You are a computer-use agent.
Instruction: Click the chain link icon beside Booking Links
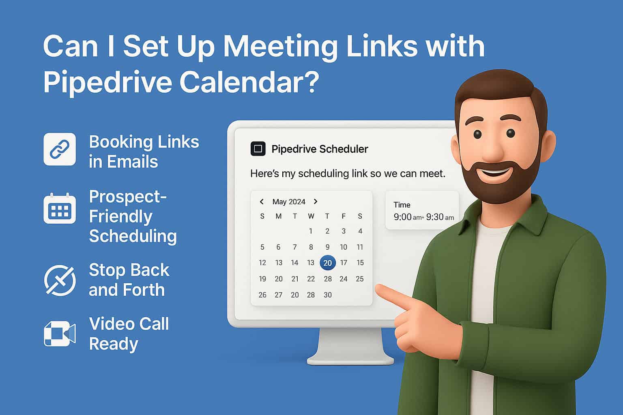pyautogui.click(x=60, y=149)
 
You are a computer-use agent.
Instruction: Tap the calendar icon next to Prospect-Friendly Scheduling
pyautogui.click(x=60, y=209)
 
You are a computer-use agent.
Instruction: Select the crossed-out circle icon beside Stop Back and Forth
pyautogui.click(x=60, y=280)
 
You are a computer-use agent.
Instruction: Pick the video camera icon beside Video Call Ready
pyautogui.click(x=60, y=334)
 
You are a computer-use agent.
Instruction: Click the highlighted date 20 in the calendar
pyautogui.click(x=327, y=263)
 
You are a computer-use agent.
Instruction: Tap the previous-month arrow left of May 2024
pyautogui.click(x=262, y=201)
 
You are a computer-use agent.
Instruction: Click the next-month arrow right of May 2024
pyautogui.click(x=316, y=201)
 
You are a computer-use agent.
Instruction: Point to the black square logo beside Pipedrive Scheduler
pyautogui.click(x=258, y=149)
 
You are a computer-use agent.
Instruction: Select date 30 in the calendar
pyautogui.click(x=327, y=295)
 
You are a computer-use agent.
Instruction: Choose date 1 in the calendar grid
pyautogui.click(x=311, y=231)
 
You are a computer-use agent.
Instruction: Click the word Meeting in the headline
pyautogui.click(x=280, y=47)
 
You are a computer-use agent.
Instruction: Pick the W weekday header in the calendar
pyautogui.click(x=311, y=216)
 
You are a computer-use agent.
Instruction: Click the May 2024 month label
pyautogui.click(x=289, y=201)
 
